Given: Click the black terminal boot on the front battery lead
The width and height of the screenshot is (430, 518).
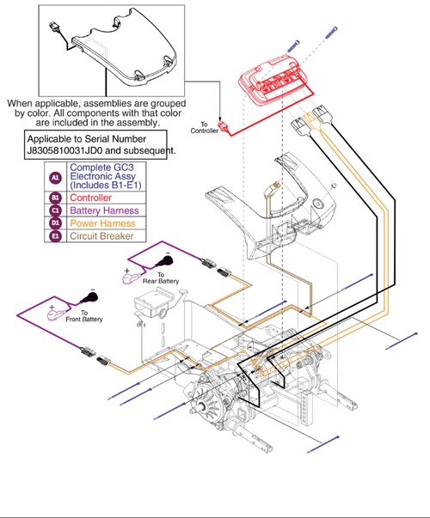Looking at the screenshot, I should point(88,300).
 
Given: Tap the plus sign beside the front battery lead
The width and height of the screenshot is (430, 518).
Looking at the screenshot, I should point(51,307).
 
